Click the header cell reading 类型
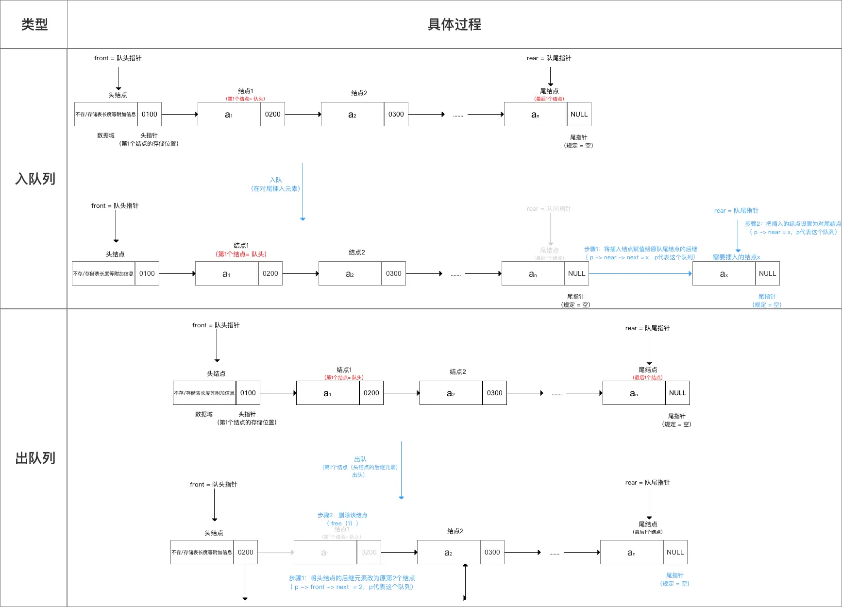(x=34, y=24)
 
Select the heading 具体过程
(x=454, y=24)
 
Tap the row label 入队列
(x=35, y=179)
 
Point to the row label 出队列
(x=35, y=458)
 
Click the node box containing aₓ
(x=724, y=273)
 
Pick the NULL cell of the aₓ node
(x=767, y=273)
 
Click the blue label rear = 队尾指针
(x=736, y=210)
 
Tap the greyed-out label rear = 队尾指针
(x=549, y=209)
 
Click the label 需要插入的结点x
(x=736, y=257)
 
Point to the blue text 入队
(x=275, y=180)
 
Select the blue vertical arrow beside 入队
(x=303, y=192)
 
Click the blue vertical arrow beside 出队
(x=401, y=470)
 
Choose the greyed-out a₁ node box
(x=325, y=552)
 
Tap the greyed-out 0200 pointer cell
(x=369, y=552)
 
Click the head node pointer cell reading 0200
(x=245, y=552)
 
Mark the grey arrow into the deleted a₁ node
(x=275, y=552)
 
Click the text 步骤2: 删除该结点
(x=342, y=515)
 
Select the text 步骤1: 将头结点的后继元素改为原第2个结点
(x=352, y=578)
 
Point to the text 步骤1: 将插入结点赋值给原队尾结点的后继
(x=640, y=249)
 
